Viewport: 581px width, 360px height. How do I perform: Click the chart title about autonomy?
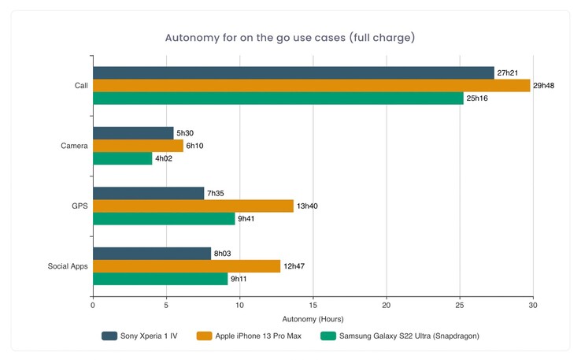coord(290,38)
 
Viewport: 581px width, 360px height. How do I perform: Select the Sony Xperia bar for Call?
coord(294,72)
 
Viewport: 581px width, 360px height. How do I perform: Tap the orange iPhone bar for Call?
coord(312,85)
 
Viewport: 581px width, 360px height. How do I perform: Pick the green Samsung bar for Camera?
coord(123,158)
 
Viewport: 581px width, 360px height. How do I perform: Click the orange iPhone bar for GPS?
coord(193,206)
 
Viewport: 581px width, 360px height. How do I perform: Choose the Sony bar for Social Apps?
coord(152,254)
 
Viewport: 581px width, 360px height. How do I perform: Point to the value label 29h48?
coord(544,85)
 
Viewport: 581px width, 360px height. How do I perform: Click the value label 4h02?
coord(165,158)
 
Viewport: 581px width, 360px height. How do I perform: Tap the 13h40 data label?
coord(307,206)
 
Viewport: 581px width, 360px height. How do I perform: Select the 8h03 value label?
coord(224,254)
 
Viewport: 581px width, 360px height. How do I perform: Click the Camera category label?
coord(74,146)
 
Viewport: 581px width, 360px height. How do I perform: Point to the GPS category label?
coord(80,206)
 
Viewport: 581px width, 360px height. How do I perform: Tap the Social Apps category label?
coord(68,266)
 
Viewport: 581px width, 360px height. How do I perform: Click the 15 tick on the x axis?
coord(313,305)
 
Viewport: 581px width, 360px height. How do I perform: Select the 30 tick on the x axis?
coord(533,305)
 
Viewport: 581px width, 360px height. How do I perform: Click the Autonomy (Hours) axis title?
coord(313,319)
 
